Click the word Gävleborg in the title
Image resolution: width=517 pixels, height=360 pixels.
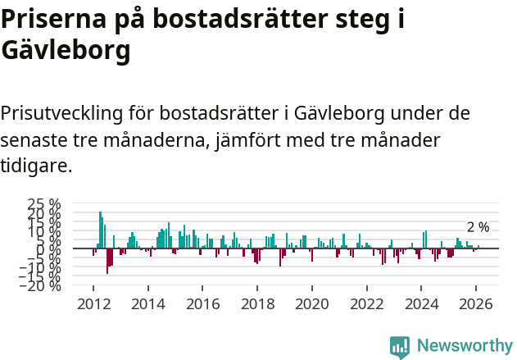(66, 51)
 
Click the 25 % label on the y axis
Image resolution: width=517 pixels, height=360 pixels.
(44, 203)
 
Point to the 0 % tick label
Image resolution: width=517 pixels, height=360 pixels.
(51, 248)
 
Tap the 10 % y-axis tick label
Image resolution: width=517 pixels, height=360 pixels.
(44, 230)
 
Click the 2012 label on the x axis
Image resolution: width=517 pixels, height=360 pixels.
(93, 303)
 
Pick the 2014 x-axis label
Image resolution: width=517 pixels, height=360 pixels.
(148, 303)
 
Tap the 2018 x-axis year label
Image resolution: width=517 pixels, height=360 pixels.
(257, 303)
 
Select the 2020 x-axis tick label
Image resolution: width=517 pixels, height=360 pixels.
(311, 303)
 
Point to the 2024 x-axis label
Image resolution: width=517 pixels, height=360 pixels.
(421, 303)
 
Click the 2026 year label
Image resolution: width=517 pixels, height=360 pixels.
(475, 303)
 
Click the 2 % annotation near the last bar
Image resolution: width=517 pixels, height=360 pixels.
(478, 227)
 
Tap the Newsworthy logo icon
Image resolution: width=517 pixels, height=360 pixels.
(400, 347)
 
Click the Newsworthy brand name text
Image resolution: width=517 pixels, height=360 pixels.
(464, 346)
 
